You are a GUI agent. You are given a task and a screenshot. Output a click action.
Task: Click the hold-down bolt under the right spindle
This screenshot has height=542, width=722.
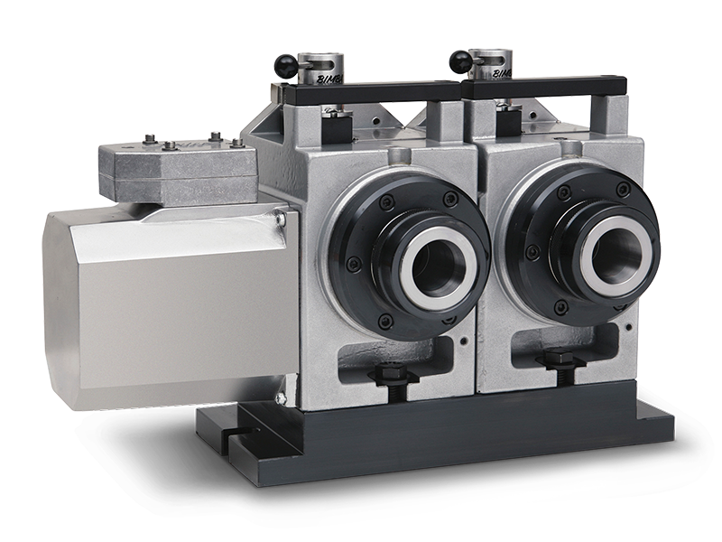coord(552,361)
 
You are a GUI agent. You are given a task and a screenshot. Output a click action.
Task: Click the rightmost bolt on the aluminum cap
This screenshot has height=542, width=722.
coord(236,143)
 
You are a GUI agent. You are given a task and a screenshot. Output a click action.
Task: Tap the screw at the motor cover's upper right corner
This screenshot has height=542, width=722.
coord(282,217)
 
